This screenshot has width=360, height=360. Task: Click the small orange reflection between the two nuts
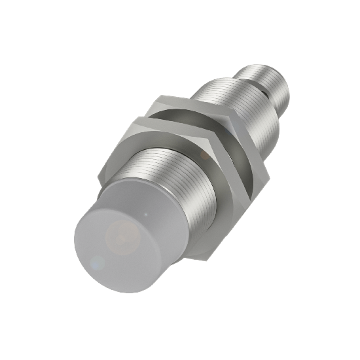coord(205,154)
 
